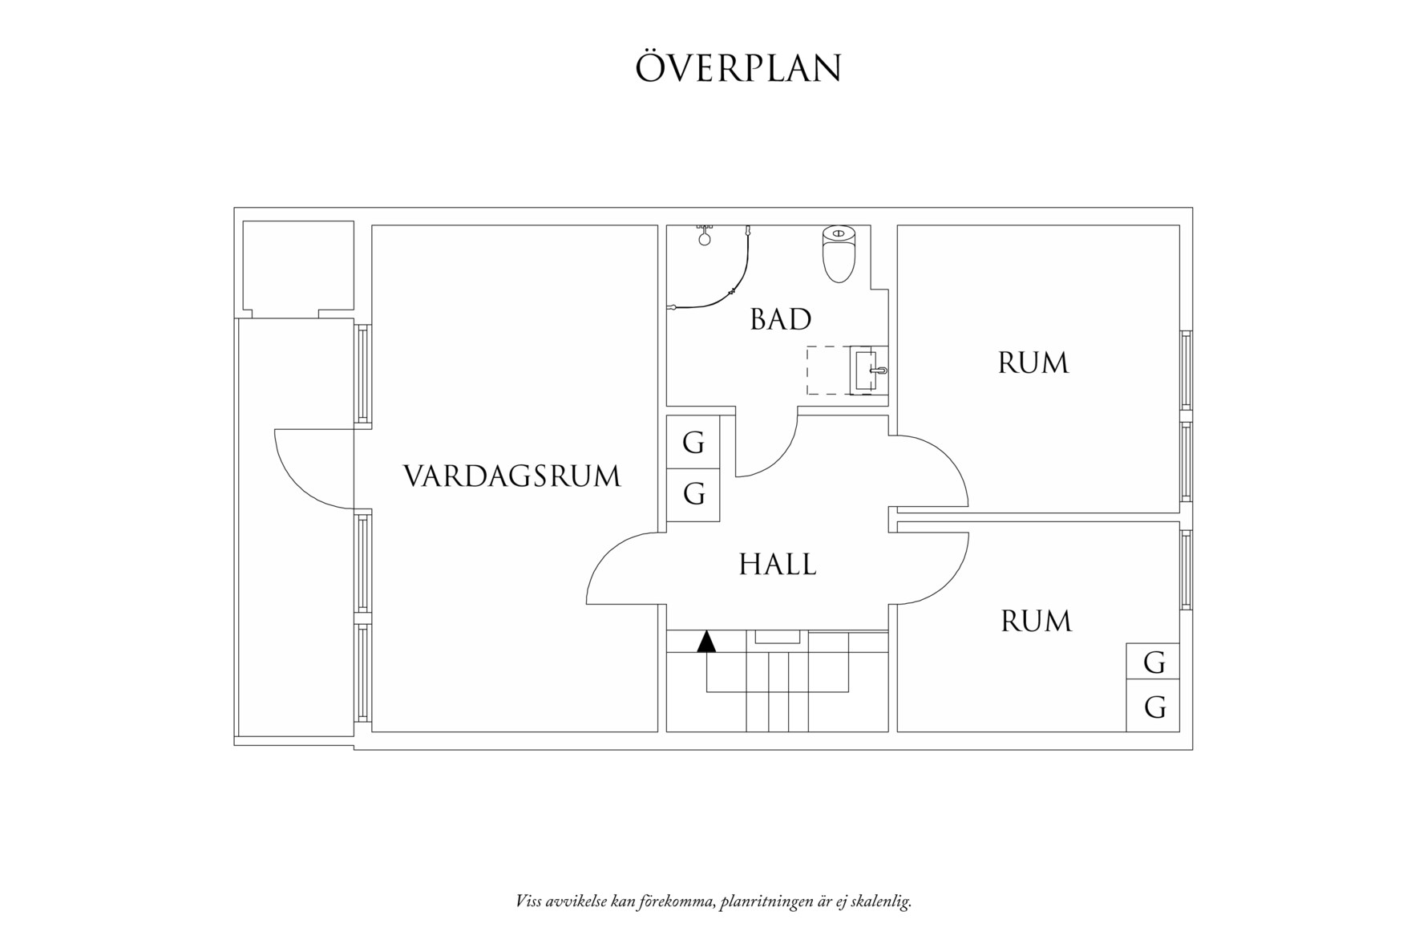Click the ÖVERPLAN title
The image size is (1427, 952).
click(x=738, y=68)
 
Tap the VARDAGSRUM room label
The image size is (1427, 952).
click(x=511, y=476)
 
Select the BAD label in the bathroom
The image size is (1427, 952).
click(x=780, y=319)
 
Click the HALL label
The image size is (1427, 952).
click(x=777, y=565)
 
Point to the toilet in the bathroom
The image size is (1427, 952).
click(x=839, y=253)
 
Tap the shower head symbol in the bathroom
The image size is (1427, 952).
click(x=705, y=237)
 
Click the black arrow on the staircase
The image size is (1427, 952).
click(x=706, y=642)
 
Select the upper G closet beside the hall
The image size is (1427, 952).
click(x=693, y=442)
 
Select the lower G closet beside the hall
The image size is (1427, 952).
click(x=693, y=494)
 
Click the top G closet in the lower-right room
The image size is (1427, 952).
click(x=1153, y=662)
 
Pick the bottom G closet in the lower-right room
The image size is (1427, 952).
click(x=1153, y=707)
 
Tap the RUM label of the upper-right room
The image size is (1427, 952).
click(x=1033, y=363)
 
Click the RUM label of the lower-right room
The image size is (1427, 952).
click(x=1036, y=622)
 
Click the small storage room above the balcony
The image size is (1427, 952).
click(x=297, y=266)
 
